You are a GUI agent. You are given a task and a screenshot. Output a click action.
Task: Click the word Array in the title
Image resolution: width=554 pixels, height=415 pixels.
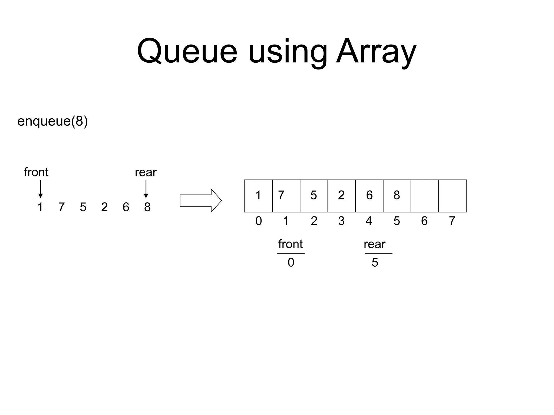(x=376, y=51)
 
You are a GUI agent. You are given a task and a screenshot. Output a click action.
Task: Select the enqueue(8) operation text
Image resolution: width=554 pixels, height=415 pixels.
(x=52, y=121)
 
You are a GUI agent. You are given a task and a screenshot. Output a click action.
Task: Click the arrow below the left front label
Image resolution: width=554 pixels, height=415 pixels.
(x=41, y=189)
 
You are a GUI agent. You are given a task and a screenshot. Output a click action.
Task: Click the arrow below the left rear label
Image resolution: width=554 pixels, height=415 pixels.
(x=146, y=189)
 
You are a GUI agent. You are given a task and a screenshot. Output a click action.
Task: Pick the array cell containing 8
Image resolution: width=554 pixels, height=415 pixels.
(x=397, y=196)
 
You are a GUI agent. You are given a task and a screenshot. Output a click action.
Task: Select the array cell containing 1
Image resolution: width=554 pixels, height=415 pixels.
(x=258, y=196)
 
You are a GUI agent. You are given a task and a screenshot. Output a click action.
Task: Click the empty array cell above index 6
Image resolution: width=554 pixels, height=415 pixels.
(x=424, y=196)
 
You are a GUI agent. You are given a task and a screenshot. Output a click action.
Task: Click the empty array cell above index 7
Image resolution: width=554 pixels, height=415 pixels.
(x=452, y=196)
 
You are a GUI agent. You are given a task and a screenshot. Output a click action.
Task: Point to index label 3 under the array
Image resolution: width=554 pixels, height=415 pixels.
(x=341, y=221)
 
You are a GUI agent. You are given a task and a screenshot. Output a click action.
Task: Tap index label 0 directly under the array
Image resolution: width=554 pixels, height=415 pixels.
(x=259, y=221)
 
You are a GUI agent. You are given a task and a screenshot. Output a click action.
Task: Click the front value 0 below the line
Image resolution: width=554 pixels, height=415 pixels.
(x=291, y=262)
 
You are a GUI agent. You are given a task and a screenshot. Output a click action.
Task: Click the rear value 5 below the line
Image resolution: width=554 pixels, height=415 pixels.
(x=375, y=262)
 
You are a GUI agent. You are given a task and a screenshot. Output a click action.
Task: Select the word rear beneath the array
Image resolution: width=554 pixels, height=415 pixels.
(x=374, y=244)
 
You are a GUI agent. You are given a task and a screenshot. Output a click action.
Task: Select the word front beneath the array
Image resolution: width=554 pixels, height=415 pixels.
(x=291, y=244)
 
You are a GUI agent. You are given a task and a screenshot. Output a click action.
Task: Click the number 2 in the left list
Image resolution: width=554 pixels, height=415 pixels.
(x=104, y=207)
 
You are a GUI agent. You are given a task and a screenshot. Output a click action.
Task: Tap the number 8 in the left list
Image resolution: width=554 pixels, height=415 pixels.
(x=147, y=207)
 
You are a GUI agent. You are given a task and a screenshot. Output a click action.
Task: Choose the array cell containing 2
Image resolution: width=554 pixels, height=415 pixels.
(x=341, y=196)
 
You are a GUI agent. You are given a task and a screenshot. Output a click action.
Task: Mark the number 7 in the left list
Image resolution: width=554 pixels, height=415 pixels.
(x=62, y=207)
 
